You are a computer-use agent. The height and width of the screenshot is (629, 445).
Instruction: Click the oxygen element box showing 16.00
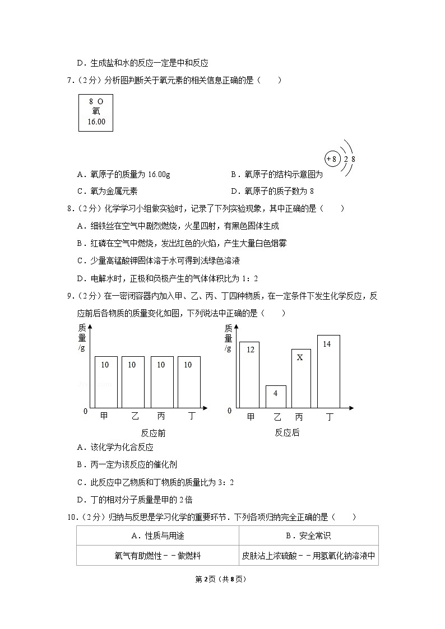[x=95, y=113]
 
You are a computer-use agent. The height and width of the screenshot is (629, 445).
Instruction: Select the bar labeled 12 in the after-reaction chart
[x=250, y=374]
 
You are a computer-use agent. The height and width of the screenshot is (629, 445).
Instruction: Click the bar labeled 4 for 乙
[x=276, y=396]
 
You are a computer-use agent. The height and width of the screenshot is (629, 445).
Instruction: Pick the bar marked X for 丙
[x=301, y=378]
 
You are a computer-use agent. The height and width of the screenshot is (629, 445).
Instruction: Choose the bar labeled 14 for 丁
[x=328, y=371]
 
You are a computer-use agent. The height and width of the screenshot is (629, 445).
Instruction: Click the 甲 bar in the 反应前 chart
[x=106, y=381]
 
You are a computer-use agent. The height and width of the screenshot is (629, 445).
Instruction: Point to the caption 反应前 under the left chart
[x=153, y=433]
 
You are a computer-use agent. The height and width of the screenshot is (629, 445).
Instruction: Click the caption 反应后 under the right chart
[x=287, y=432]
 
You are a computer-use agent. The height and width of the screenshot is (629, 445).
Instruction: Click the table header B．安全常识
[x=308, y=535]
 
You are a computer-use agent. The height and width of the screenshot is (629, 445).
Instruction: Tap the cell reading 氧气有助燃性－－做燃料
[x=157, y=556]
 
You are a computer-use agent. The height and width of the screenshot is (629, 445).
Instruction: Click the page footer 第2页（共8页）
[x=222, y=579]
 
